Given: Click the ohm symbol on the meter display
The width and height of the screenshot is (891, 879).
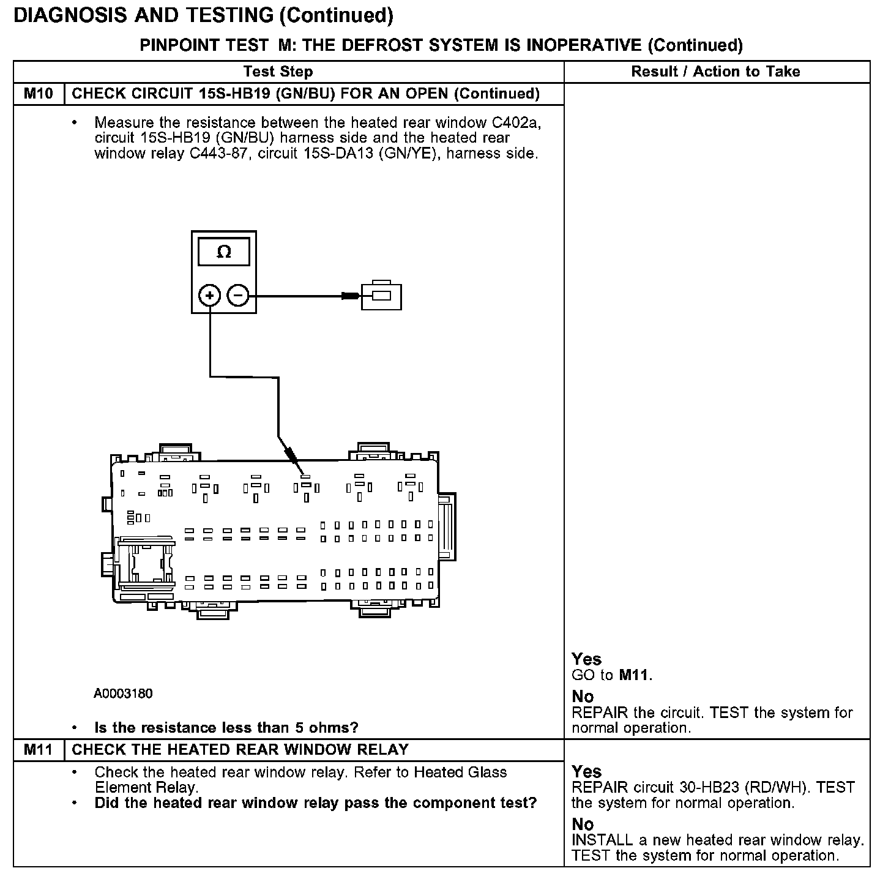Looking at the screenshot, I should point(224,252).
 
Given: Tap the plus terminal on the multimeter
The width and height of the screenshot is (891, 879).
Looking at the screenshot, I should point(210,296).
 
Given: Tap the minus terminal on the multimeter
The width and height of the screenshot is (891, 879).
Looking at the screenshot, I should point(238,296).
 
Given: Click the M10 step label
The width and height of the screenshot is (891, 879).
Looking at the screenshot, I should point(39,94).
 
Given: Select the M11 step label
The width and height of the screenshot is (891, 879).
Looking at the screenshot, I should point(39,749).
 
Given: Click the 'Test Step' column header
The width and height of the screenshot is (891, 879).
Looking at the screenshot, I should point(278,72).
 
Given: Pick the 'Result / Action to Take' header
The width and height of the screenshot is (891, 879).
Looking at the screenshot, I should point(715,72).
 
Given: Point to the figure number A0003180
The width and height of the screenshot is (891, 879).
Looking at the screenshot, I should point(123,694).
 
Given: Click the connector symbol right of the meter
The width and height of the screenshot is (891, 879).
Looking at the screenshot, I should point(381,296).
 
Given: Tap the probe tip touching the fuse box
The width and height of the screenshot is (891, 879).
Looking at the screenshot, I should point(301,470).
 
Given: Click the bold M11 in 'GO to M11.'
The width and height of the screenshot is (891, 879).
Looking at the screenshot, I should point(635,675).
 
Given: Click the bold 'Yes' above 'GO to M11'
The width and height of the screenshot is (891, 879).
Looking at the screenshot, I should point(586,659).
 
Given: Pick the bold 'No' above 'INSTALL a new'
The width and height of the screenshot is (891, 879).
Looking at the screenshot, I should point(583,824).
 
